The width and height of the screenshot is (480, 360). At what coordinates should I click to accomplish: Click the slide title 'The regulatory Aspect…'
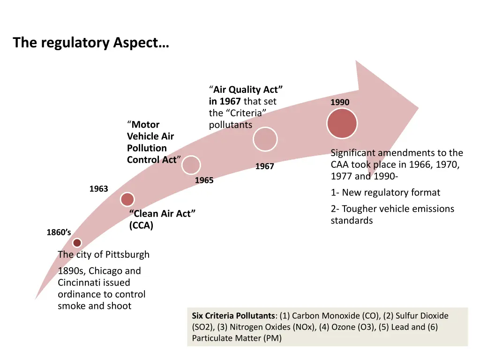click(x=91, y=43)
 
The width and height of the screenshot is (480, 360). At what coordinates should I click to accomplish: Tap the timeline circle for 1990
click(x=342, y=123)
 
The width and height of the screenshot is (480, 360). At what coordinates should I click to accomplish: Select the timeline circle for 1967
click(x=265, y=139)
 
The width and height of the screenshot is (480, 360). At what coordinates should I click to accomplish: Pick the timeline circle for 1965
click(x=191, y=165)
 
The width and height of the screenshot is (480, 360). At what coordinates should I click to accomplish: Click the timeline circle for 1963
click(x=127, y=199)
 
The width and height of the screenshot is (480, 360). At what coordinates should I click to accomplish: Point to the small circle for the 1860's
click(x=77, y=243)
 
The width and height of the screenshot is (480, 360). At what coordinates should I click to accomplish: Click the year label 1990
click(x=340, y=102)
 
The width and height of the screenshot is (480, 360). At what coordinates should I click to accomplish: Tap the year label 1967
click(x=264, y=166)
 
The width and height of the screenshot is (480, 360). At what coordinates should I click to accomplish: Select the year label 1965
click(x=204, y=180)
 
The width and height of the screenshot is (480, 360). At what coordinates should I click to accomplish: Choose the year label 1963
click(x=98, y=189)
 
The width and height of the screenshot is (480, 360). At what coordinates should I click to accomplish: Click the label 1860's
click(x=59, y=232)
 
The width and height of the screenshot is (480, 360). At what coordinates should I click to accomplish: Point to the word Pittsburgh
click(x=127, y=255)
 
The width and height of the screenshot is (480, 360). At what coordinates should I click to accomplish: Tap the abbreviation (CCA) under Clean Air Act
click(x=141, y=225)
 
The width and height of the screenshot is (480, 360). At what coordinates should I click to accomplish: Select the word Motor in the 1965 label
click(x=145, y=125)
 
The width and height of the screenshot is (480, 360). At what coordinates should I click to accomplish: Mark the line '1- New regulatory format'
click(x=385, y=193)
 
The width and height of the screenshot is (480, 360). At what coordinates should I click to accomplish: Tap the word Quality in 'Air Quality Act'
click(x=248, y=90)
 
